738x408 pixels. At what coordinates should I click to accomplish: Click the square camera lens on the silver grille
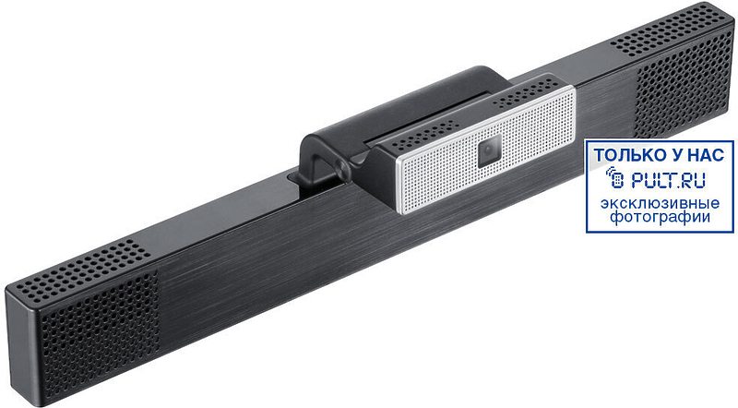(x=490, y=150)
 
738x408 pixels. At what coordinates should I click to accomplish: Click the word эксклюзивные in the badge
(x=660, y=203)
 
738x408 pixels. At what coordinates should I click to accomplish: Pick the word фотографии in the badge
(x=660, y=217)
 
